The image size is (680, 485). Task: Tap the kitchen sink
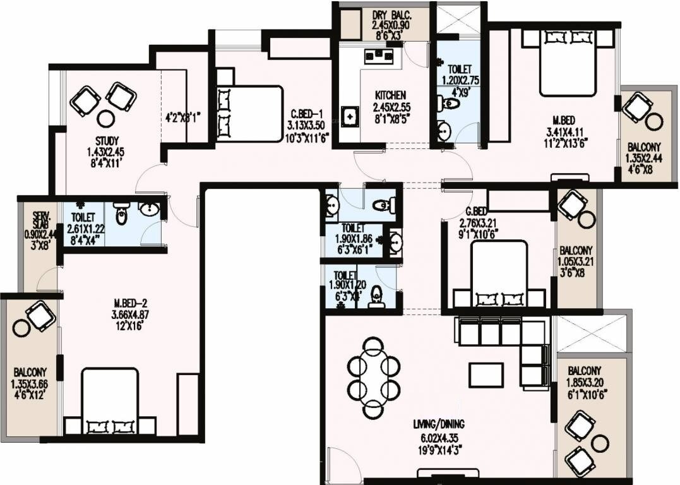coord(349,117)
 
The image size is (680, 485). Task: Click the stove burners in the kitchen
coord(378,57)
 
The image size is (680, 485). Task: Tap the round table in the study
coord(105,118)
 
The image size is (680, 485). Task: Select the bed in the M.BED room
coord(568,62)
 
